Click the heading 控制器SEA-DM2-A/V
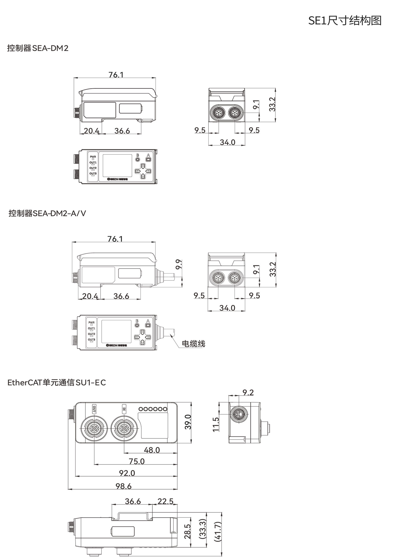47,213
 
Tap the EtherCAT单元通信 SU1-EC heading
57,383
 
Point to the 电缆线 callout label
193,344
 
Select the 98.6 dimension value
124,486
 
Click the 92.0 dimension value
127,473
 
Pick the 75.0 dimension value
137,461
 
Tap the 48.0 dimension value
152,450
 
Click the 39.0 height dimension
188,422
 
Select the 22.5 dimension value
165,501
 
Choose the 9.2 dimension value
248,393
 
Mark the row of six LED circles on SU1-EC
153,409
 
